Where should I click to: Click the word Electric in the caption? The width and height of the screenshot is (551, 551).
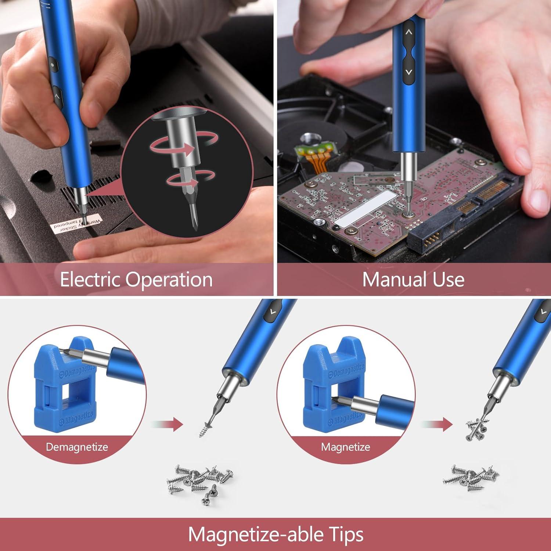tap(90, 280)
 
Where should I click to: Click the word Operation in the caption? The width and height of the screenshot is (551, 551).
tap(169, 280)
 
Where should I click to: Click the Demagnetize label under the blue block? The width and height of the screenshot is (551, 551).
tap(77, 447)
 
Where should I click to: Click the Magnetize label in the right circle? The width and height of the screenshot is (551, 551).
tap(345, 447)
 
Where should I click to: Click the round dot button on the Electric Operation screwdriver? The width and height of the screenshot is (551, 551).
tap(53, 65)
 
